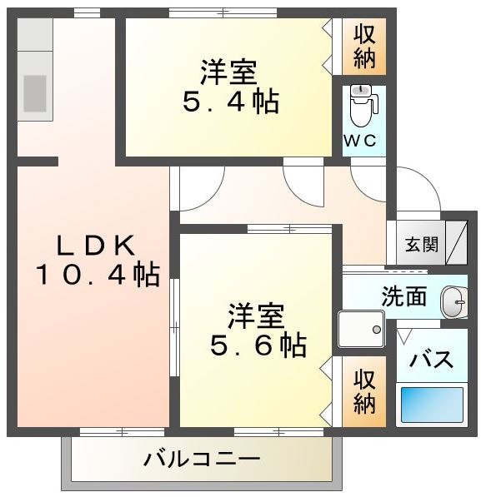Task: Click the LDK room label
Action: (x=96, y=246)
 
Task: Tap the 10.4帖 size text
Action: (x=98, y=274)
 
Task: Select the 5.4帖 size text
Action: (x=231, y=102)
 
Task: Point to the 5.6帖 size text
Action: (x=258, y=345)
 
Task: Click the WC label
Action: (x=360, y=141)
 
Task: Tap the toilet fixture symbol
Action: (x=363, y=106)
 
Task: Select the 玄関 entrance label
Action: (x=422, y=245)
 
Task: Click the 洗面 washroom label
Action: (x=403, y=296)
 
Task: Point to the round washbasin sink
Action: (x=454, y=301)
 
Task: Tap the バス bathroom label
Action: (x=431, y=359)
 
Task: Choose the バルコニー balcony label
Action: (x=202, y=459)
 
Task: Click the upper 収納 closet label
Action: (x=364, y=47)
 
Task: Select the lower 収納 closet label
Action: (x=364, y=392)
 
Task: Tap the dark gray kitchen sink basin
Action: (x=35, y=93)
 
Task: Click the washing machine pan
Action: (x=361, y=329)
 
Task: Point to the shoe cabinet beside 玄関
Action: (x=457, y=242)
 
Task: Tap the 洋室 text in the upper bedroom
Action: (x=228, y=72)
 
